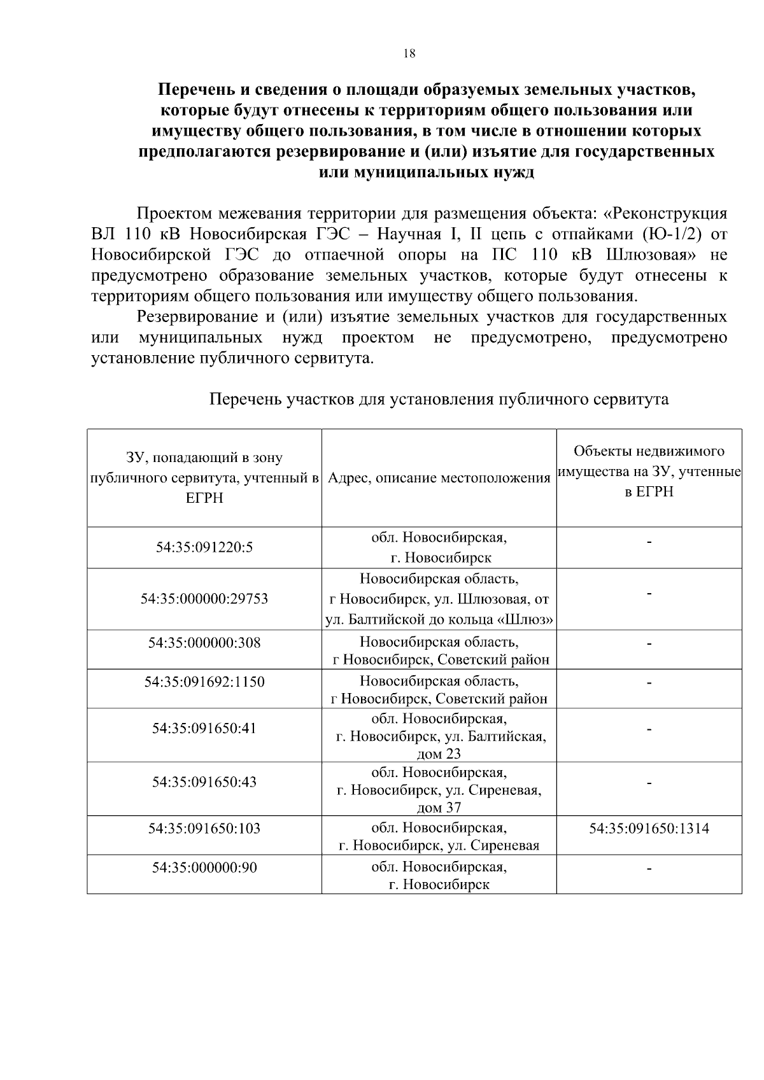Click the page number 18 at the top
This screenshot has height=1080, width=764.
(x=409, y=54)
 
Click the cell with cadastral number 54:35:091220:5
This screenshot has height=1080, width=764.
(x=204, y=547)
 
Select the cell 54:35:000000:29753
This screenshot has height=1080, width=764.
(x=204, y=599)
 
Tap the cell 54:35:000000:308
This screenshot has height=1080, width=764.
(x=204, y=643)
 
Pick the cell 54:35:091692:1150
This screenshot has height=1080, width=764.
(x=204, y=682)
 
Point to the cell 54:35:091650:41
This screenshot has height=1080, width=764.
(x=204, y=728)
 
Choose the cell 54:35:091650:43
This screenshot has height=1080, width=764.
(x=204, y=782)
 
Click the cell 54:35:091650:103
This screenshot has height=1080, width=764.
(x=204, y=829)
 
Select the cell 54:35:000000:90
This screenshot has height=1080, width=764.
(x=204, y=867)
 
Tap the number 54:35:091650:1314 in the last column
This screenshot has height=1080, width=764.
(x=649, y=829)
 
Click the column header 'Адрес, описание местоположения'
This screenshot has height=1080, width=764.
(x=439, y=479)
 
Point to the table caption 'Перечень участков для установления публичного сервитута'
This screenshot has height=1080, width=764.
(x=439, y=400)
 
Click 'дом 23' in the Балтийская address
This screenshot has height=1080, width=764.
(x=438, y=754)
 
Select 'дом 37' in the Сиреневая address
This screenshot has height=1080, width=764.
(x=438, y=808)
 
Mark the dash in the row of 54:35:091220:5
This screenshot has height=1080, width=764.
(x=649, y=542)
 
